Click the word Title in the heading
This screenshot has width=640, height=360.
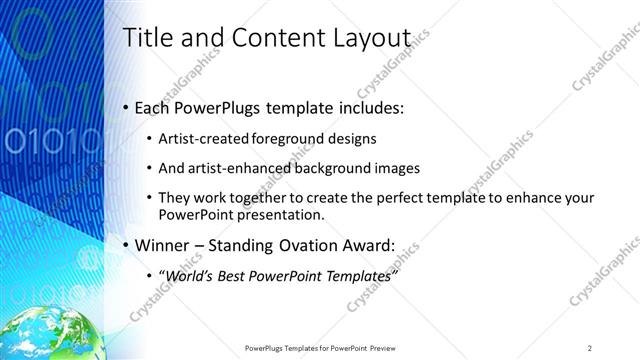point(144,38)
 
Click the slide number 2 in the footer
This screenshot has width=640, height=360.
point(590,348)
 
